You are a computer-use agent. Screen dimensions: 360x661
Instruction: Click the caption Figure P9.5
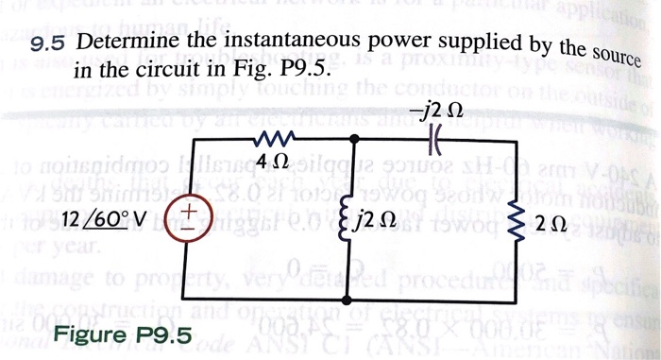pos(123,335)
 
